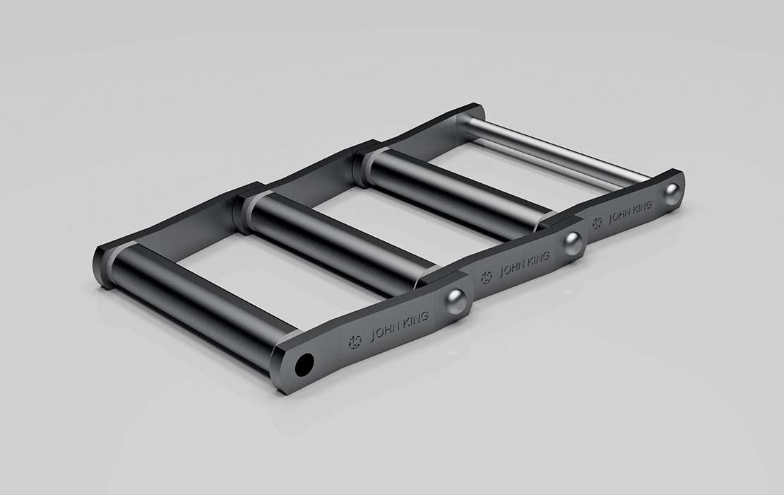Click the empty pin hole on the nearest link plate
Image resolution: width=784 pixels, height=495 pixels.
(x=304, y=364)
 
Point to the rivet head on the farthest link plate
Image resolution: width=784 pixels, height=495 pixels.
(x=672, y=192)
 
